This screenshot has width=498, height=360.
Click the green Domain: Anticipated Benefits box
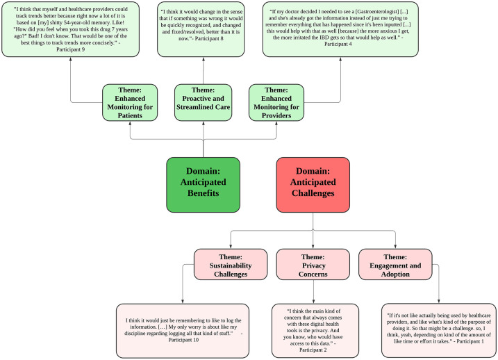[204, 185]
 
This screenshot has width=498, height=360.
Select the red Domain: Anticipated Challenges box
[313, 185]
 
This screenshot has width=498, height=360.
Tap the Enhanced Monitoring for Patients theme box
[130, 103]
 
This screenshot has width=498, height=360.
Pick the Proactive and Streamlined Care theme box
[204, 103]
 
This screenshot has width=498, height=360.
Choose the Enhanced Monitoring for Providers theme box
[276, 103]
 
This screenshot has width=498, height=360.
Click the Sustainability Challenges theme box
[231, 264]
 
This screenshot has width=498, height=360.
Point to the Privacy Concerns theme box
[313, 264]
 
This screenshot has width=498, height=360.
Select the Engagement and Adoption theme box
[395, 264]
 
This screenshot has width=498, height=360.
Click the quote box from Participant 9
[71, 29]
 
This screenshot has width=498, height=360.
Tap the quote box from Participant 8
[201, 29]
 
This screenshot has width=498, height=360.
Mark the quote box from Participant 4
[340, 29]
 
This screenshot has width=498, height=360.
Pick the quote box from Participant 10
[183, 331]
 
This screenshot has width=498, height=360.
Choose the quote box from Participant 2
[315, 331]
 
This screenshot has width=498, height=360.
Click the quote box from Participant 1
[438, 330]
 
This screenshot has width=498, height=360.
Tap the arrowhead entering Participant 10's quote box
[183, 302]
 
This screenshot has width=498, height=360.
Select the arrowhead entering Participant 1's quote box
[438, 301]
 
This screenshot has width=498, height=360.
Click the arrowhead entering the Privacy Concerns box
[313, 247]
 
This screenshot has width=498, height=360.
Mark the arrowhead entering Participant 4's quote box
[340, 59]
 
